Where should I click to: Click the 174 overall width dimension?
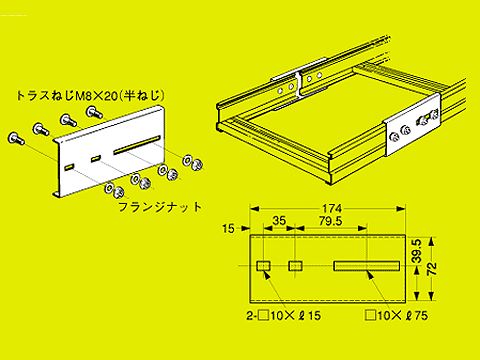[333, 206]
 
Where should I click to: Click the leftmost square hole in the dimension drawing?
[263, 267]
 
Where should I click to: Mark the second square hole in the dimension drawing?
[297, 267]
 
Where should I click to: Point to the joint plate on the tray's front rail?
[413, 128]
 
